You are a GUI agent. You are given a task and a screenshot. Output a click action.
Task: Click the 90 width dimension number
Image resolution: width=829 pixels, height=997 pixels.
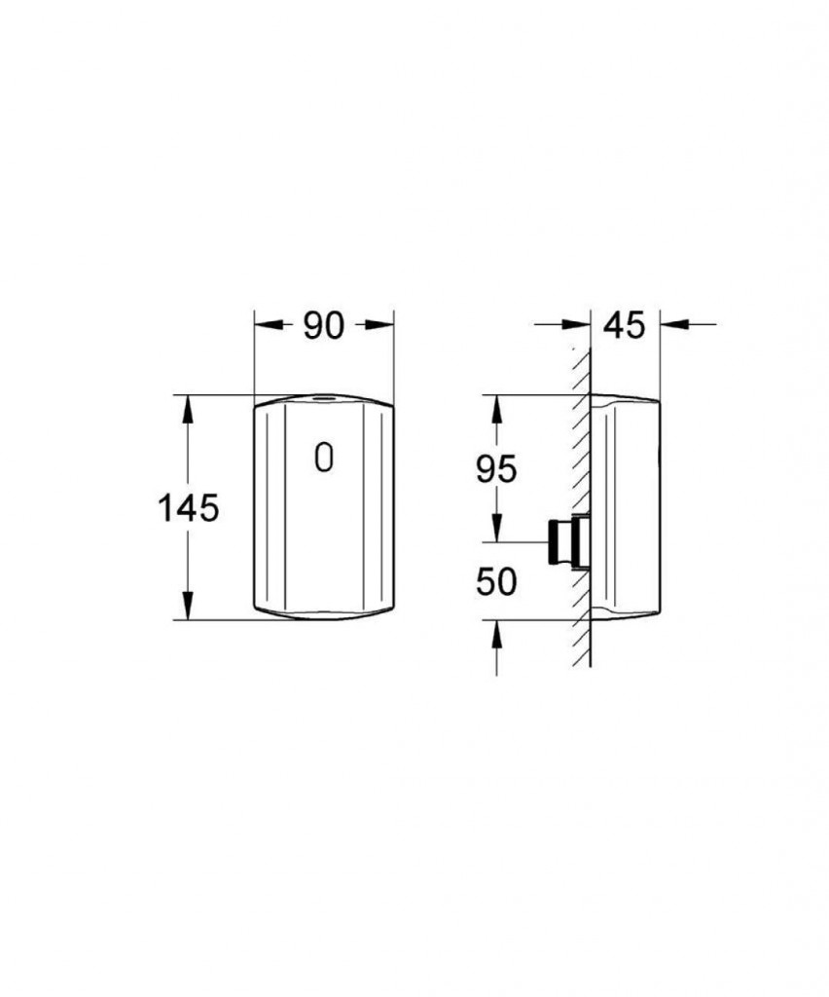coord(323,325)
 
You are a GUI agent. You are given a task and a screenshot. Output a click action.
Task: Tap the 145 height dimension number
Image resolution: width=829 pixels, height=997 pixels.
coord(188,508)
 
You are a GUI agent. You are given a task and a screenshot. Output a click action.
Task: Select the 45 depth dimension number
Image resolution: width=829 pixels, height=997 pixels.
coord(624,325)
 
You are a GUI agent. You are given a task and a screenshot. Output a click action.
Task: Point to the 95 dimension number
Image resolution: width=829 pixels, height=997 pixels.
coord(497,470)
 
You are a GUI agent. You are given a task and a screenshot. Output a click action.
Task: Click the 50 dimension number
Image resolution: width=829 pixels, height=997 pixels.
coord(497,582)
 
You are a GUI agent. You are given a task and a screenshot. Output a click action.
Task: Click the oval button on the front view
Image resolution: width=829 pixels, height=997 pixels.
coord(323,458)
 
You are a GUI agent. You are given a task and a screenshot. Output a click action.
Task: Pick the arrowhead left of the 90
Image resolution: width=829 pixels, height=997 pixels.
coord(267,325)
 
